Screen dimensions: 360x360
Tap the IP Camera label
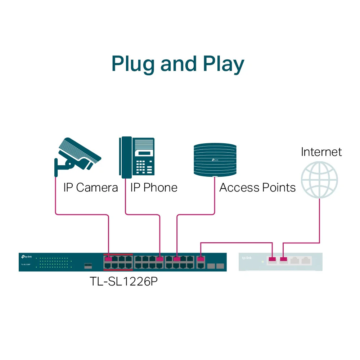click(90, 188)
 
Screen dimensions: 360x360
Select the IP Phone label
click(154, 188)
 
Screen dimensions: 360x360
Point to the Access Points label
click(257, 188)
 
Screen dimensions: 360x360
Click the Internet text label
click(321, 152)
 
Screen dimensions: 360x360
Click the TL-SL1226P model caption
click(123, 281)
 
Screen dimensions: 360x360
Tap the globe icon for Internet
click(320, 179)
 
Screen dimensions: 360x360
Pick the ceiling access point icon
click(215, 160)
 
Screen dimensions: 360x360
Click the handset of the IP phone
click(125, 157)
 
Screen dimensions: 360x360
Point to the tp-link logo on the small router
click(247, 258)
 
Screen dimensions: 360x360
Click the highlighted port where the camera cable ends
click(107, 259)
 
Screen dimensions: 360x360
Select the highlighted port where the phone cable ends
click(159, 259)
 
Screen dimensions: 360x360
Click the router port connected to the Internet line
click(284, 259)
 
